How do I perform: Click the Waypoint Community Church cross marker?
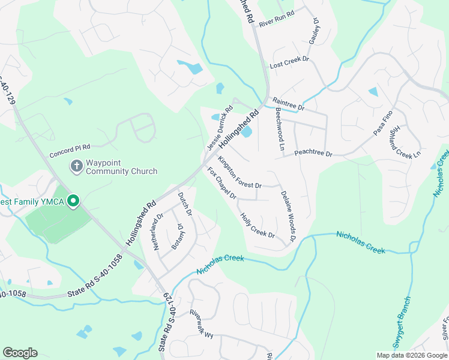pyautogui.click(x=76, y=165)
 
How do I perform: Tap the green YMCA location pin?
pyautogui.click(x=73, y=201)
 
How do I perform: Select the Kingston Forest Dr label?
pyautogui.click(x=240, y=172)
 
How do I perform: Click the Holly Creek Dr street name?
pyautogui.click(x=258, y=226)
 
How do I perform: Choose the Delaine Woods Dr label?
pyautogui.click(x=289, y=216)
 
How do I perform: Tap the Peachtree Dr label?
pyautogui.click(x=313, y=154)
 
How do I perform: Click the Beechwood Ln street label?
pyautogui.click(x=280, y=129)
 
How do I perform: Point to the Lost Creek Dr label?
pyautogui.click(x=289, y=62)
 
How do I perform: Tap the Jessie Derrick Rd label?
pyautogui.click(x=219, y=129)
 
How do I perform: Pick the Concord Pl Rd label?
pyautogui.click(x=70, y=146)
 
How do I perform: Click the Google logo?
pyautogui.click(x=20, y=353)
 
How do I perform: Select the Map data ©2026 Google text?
pyautogui.click(x=411, y=355)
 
